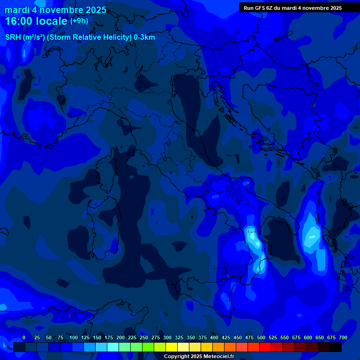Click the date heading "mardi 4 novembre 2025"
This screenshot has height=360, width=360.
(x=55, y=10)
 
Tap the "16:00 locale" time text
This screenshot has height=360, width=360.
(x=37, y=21)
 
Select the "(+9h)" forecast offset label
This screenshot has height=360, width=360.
(x=79, y=21)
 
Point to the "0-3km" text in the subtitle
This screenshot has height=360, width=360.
(x=144, y=37)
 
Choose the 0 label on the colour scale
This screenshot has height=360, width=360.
(x=24, y=338)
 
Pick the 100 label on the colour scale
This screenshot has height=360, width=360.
(x=74, y=338)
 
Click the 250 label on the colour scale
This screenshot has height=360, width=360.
(x=144, y=338)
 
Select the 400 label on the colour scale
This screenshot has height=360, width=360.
(x=214, y=338)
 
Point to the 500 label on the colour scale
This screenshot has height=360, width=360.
(x=261, y=338)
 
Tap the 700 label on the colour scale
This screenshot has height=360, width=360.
(x=343, y=338)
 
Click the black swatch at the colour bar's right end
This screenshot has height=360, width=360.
(x=336, y=347)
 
